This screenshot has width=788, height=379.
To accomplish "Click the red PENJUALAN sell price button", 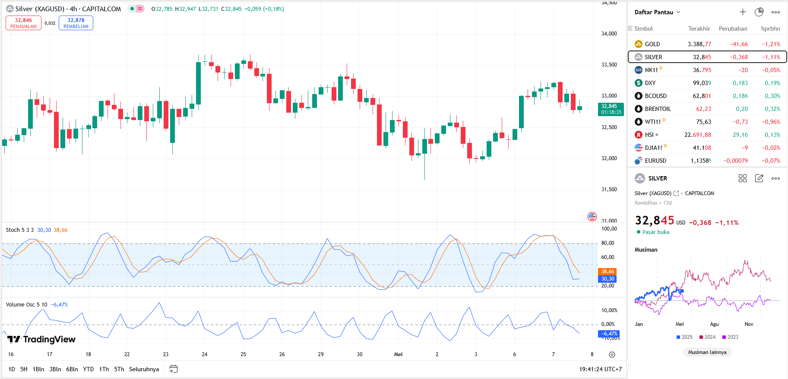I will tap(23, 23).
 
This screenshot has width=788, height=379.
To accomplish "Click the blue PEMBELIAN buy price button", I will tap(76, 23).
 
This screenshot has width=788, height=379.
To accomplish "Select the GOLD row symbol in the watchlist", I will tap(652, 44).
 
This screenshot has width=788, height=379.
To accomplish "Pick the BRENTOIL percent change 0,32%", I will tap(772, 109).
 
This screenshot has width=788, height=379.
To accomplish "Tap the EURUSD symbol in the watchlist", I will tap(655, 161).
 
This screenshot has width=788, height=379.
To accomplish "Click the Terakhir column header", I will tap(699, 28).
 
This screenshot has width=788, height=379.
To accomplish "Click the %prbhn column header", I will tap(770, 28).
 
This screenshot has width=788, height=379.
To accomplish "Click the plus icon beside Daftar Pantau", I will tap(743, 12).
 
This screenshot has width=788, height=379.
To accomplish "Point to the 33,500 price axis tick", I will tap(609, 65).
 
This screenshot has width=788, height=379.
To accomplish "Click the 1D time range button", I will tap(12, 369).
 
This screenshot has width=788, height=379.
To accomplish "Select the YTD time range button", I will tap(89, 369).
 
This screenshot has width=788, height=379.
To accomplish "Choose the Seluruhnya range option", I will tap(144, 369).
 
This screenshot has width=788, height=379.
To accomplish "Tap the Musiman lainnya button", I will tap(707, 352).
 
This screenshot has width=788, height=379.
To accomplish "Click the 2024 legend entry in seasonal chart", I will tap(708, 337).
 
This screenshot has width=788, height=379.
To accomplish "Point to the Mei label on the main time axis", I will tap(398, 354).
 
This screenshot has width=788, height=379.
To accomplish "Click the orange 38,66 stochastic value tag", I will tap(608, 272).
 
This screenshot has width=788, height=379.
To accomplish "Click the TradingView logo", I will tap(41, 339).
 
